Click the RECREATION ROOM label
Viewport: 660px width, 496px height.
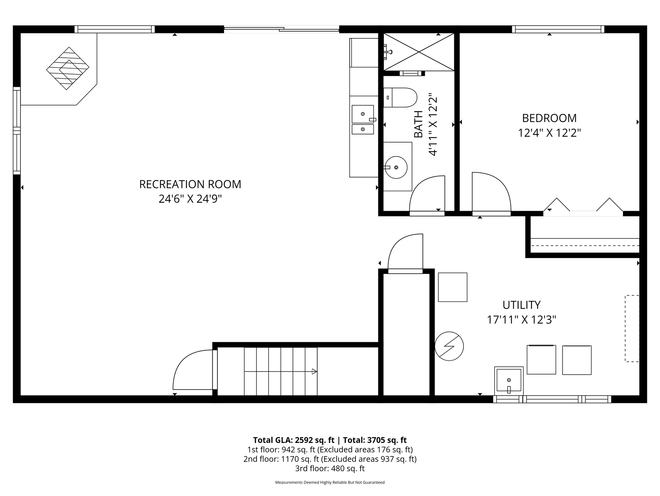190,184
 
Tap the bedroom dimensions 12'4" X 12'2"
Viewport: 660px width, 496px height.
549,133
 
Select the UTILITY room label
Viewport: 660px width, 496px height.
521,305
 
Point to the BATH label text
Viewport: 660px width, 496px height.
419,124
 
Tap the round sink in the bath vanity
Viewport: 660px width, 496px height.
396,167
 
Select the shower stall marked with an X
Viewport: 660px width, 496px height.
419,52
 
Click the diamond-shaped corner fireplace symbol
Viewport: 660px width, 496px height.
68,68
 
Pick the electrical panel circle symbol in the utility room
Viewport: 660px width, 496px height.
449,346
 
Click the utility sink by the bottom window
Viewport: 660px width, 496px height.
509,381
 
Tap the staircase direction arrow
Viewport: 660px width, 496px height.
314,371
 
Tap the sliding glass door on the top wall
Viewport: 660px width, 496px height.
281,29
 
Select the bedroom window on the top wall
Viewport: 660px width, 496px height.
558,29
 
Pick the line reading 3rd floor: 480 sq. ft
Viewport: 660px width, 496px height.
330,468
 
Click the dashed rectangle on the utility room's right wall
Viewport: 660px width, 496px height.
632,329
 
